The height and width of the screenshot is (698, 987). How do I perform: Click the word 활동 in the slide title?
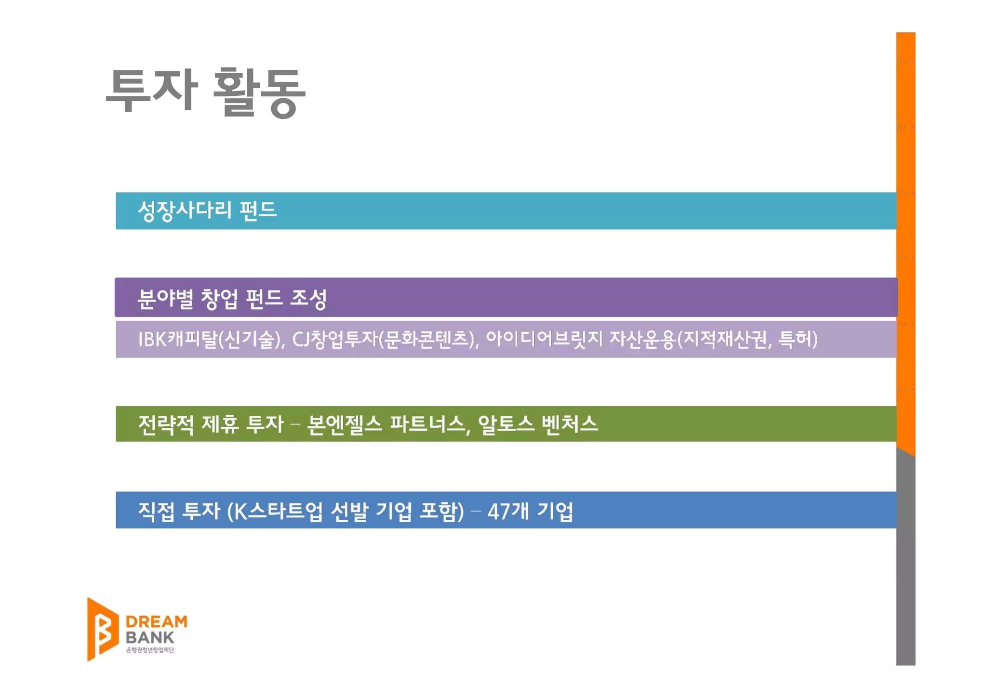259,92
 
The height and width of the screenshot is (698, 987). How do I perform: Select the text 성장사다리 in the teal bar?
185,211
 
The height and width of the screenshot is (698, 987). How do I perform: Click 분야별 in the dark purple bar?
165,299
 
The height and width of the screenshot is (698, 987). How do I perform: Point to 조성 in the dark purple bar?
308,299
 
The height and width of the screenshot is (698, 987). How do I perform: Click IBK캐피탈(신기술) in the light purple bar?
211,339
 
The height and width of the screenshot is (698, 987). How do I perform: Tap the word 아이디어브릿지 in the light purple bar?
544,339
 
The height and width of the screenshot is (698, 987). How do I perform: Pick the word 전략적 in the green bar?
166,424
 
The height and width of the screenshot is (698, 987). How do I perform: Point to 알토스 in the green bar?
506,424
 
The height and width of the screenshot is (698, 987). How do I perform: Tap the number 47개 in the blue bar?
508,511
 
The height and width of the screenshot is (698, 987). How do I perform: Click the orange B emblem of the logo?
102,629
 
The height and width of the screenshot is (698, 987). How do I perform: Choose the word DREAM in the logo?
156,621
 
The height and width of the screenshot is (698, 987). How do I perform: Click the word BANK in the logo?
149,637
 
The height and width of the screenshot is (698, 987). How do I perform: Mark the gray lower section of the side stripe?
906,559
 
